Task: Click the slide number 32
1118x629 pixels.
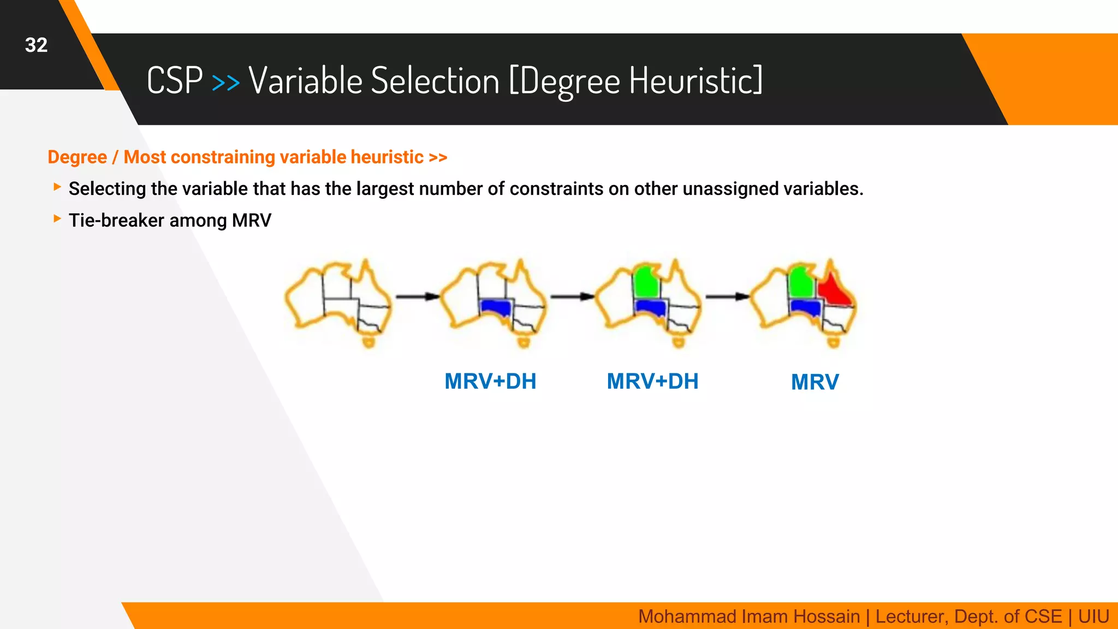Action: (x=36, y=45)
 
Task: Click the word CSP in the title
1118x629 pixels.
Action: (x=175, y=81)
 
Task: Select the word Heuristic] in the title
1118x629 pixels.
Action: (x=696, y=81)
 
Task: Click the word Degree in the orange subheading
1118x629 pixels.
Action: (x=77, y=157)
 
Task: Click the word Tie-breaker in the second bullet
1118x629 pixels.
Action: (x=116, y=221)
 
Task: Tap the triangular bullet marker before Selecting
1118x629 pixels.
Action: (x=57, y=187)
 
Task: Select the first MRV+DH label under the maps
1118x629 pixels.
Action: (x=490, y=381)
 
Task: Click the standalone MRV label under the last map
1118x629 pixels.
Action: (x=814, y=382)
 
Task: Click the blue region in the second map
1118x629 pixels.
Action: (x=496, y=307)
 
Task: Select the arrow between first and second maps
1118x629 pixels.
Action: (x=417, y=296)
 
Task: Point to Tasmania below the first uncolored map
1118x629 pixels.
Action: (x=369, y=342)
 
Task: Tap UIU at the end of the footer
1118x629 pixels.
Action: (x=1093, y=616)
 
